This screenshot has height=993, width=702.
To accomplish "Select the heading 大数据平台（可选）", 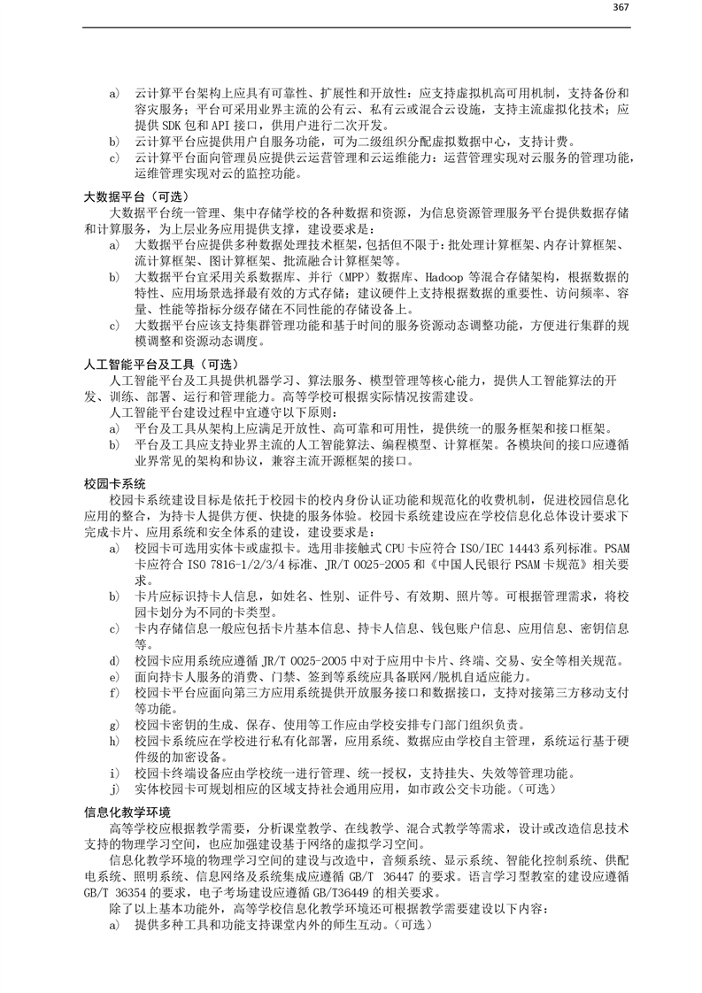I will click(x=141, y=196).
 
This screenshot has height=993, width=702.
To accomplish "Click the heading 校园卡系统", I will click(x=114, y=484).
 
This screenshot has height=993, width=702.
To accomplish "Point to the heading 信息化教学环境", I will click(x=127, y=812).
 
